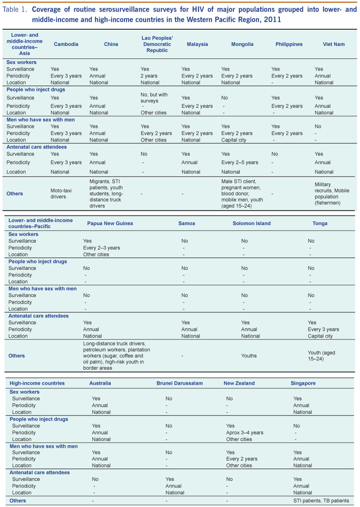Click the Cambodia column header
click(x=66, y=44)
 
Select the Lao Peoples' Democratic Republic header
click(x=157, y=44)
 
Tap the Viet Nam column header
click(x=334, y=44)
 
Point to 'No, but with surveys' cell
click(x=154, y=98)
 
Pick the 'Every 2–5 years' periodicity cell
click(x=240, y=162)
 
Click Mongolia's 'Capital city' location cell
click(x=236, y=140)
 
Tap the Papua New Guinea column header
click(x=110, y=223)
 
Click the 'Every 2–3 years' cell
click(x=101, y=248)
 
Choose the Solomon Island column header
click(x=251, y=223)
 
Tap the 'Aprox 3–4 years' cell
click(x=245, y=433)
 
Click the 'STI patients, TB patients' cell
click(x=321, y=501)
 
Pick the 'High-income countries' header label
click(x=37, y=383)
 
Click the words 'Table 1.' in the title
click(x=15, y=10)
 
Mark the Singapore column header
click(x=303, y=383)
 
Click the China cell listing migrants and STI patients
click(x=107, y=193)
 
